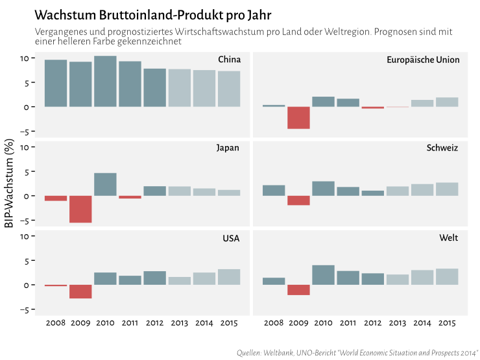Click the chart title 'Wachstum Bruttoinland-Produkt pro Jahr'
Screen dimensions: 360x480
pos(152,14)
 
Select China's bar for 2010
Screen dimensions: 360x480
pos(105,81)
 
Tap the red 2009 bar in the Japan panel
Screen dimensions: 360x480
pos(80,209)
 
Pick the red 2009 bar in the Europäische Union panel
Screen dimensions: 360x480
pos(298,117)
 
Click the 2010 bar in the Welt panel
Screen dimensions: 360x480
pos(323,275)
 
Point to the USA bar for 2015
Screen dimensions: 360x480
pos(229,277)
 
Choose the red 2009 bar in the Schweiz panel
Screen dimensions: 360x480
pos(298,200)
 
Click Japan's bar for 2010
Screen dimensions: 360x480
pos(105,184)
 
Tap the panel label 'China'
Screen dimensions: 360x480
pos(229,60)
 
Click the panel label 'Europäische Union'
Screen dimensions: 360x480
pos(422,60)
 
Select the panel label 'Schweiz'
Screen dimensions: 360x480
pos(442,148)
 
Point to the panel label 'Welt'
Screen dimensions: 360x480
pos(448,238)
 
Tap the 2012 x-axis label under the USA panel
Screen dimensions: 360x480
pos(154,322)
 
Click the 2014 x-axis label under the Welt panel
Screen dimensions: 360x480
pos(422,322)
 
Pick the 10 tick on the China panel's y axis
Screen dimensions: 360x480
pos(24,58)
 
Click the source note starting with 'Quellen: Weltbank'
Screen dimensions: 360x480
pos(357,352)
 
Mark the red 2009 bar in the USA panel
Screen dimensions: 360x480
pos(80,291)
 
